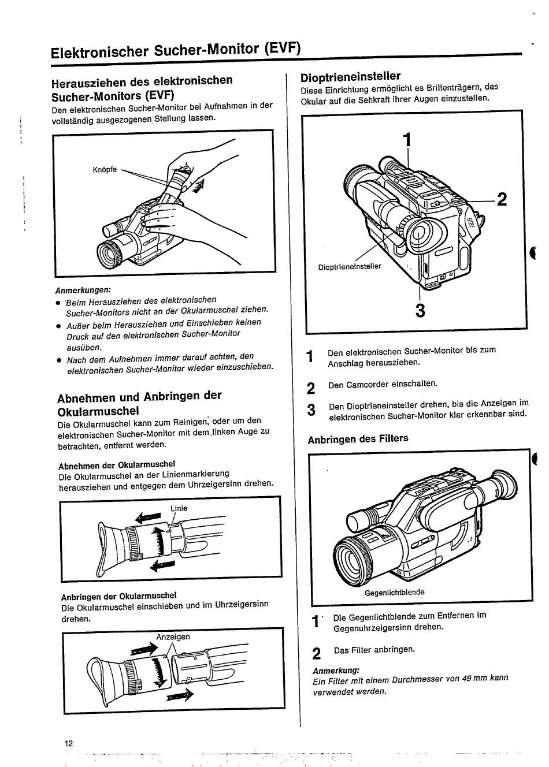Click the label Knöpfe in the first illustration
[105, 170]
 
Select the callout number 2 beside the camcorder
[502, 199]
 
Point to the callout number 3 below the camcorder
[420, 311]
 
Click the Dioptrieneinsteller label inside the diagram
[350, 267]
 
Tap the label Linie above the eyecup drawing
[179, 508]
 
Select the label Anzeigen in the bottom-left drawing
[173, 636]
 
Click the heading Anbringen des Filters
[358, 439]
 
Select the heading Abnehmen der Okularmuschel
[117, 464]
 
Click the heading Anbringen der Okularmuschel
[118, 595]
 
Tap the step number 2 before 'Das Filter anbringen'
[316, 653]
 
